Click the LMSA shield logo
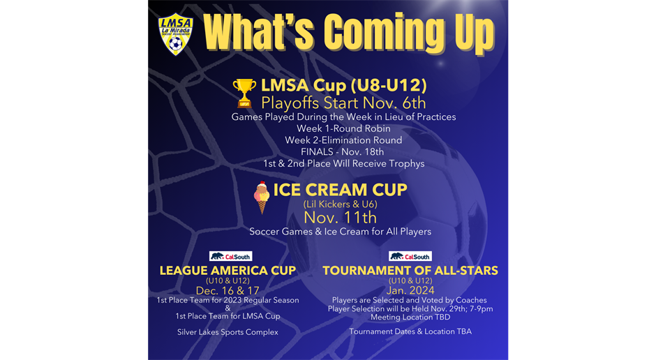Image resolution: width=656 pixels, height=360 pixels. click(176, 36)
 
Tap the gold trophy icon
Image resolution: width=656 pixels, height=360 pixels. click(244, 93)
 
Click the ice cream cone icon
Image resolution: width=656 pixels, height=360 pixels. click(262, 197)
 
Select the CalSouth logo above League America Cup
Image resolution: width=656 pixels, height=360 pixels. click(230, 256)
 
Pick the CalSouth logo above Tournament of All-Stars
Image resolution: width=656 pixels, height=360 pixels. click(410, 256)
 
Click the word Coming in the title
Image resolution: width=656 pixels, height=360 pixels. click(384, 33)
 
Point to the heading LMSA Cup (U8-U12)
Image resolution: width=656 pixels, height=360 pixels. click(344, 85)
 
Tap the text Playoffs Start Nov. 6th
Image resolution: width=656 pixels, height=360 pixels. click(343, 103)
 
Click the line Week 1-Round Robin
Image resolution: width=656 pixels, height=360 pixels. click(343, 128)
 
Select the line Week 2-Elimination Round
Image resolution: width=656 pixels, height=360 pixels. click(343, 140)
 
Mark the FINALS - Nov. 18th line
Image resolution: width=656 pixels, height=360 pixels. click(342, 152)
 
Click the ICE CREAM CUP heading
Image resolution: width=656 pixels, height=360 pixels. click(340, 190)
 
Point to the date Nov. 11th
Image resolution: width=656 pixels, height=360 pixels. click(340, 218)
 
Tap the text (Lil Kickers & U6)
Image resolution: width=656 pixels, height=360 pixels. click(340, 204)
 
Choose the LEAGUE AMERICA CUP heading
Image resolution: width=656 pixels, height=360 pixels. click(228, 271)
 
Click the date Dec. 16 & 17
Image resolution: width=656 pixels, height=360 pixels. click(228, 291)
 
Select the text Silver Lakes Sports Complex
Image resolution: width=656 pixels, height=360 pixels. click(228, 332)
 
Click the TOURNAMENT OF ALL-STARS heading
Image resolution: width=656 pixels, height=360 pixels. click(410, 271)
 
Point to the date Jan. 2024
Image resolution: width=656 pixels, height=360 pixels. click(410, 291)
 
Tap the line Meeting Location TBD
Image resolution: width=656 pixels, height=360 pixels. click(410, 317)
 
